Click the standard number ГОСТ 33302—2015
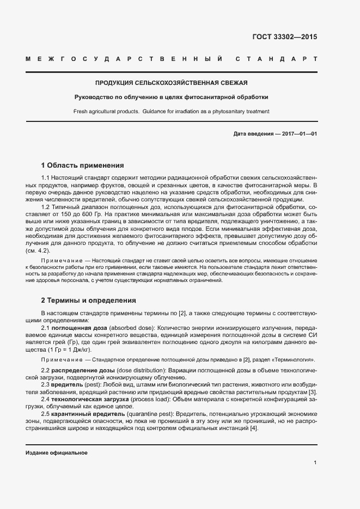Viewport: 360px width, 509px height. click(x=284, y=38)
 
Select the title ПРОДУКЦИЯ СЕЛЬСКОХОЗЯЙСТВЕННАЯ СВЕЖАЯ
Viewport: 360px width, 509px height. click(x=171, y=83)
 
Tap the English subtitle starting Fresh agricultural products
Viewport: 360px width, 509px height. click(x=171, y=112)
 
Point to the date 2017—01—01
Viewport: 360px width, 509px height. click(x=298, y=134)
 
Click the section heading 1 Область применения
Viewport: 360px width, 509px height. click(x=83, y=165)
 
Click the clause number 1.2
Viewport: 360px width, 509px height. click(x=46, y=207)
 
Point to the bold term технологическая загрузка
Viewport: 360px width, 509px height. click(x=94, y=399)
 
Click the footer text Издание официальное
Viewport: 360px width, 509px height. click(x=56, y=453)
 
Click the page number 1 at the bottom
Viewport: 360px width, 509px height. click(x=315, y=463)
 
